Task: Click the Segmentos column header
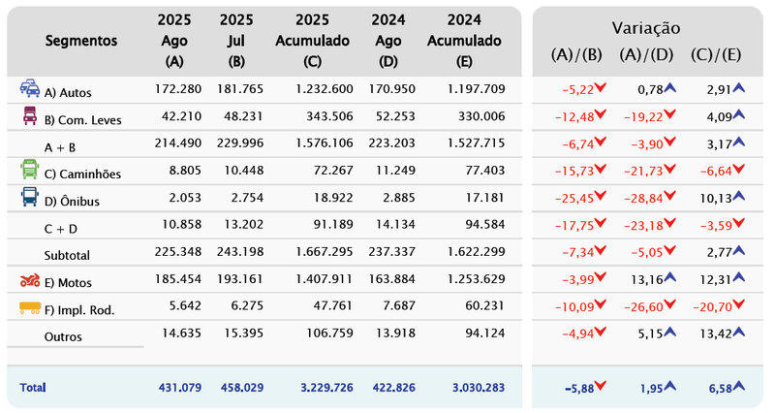click(80, 41)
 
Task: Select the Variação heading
click(645, 28)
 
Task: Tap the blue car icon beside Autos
click(30, 88)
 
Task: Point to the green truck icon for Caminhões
click(30, 171)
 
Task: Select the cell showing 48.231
click(236, 117)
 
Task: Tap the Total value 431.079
click(177, 387)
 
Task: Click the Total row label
click(32, 387)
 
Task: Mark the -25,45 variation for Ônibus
click(577, 199)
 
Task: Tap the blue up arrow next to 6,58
click(740, 386)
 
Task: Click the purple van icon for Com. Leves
click(30, 116)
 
